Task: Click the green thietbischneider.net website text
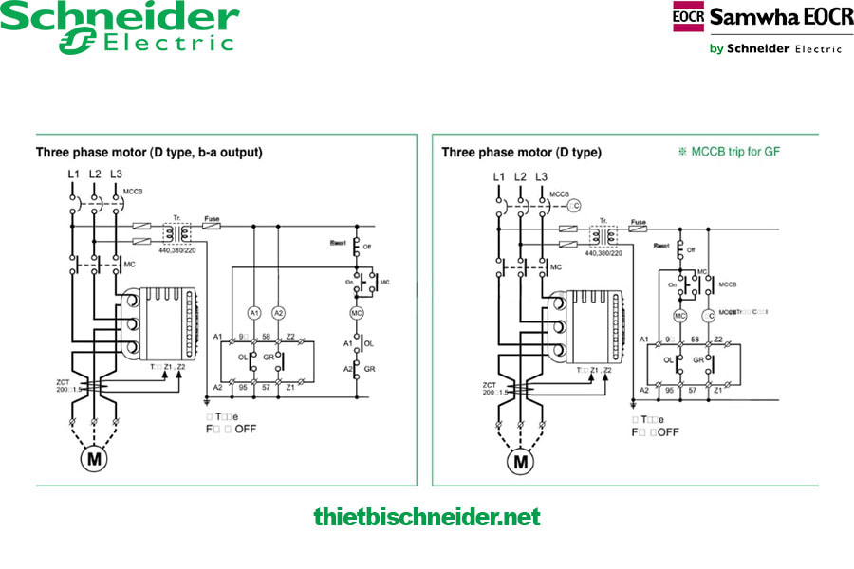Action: (426, 517)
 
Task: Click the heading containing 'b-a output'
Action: (149, 152)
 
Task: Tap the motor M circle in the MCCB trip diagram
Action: (520, 462)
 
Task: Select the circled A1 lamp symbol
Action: (254, 312)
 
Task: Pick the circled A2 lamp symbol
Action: (278, 312)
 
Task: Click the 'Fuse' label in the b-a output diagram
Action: (212, 219)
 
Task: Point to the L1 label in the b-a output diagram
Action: (73, 174)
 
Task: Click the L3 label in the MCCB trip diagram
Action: (542, 177)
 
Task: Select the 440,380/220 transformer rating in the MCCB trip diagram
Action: (603, 253)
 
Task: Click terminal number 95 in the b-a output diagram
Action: (244, 388)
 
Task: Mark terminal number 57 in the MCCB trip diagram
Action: (696, 390)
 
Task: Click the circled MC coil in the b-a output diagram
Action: (358, 312)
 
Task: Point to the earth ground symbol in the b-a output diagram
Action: (206, 401)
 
